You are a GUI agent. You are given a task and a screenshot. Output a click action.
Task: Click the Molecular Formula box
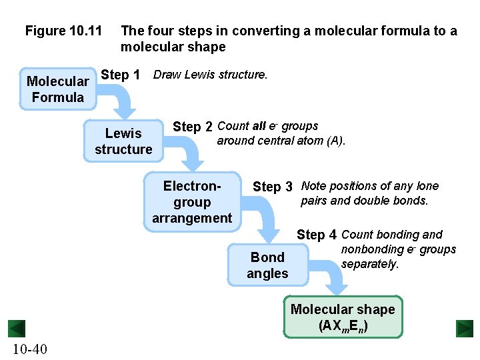[x=58, y=89]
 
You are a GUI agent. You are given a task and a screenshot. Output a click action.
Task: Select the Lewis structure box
[x=123, y=141]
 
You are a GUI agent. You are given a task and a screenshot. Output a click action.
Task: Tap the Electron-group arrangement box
[x=192, y=201]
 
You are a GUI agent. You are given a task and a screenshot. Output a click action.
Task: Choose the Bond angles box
[x=267, y=265]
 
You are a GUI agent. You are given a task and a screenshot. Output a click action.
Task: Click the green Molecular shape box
[x=343, y=317]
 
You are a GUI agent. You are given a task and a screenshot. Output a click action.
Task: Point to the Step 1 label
[x=120, y=75]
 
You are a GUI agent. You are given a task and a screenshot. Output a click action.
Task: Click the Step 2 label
[x=193, y=127]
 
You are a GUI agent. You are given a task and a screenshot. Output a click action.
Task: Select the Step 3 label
[x=273, y=187]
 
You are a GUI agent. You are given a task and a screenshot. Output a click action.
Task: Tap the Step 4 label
[x=316, y=235]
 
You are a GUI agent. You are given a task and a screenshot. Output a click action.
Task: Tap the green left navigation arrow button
[x=16, y=329]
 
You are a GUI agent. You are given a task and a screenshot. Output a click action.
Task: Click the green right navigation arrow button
[x=464, y=329]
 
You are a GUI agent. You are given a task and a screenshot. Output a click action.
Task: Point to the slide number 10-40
[x=29, y=349]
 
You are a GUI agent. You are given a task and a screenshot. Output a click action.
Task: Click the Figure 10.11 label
[x=63, y=31]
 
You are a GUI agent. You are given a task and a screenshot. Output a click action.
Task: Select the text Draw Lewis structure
[x=210, y=75]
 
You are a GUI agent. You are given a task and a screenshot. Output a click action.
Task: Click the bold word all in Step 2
[x=259, y=126]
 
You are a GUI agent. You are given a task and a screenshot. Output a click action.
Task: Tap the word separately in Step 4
[x=369, y=264]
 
